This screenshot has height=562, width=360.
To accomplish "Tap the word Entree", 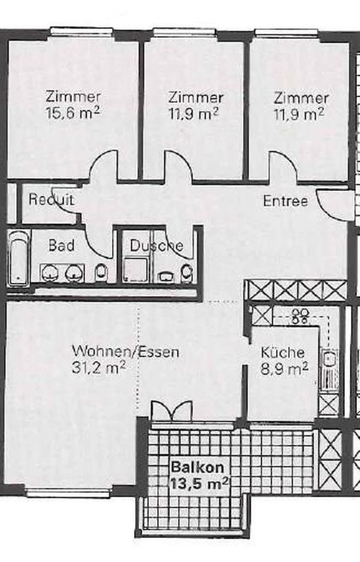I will coord(286,201).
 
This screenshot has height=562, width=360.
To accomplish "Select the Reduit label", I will coord(52,200).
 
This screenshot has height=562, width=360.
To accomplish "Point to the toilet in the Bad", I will coord(101,273).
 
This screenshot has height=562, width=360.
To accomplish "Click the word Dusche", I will coord(157,246).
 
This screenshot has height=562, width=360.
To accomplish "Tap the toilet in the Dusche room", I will coord(187,273).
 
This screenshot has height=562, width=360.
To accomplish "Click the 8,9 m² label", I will coord(283,368).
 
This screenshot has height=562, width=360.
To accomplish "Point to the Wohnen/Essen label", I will coord(125,352).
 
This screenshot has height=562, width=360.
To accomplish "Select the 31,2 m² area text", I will coord(98,368).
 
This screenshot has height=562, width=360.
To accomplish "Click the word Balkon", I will coord(191,467).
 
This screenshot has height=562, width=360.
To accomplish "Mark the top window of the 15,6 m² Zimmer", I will coord(82,32).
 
